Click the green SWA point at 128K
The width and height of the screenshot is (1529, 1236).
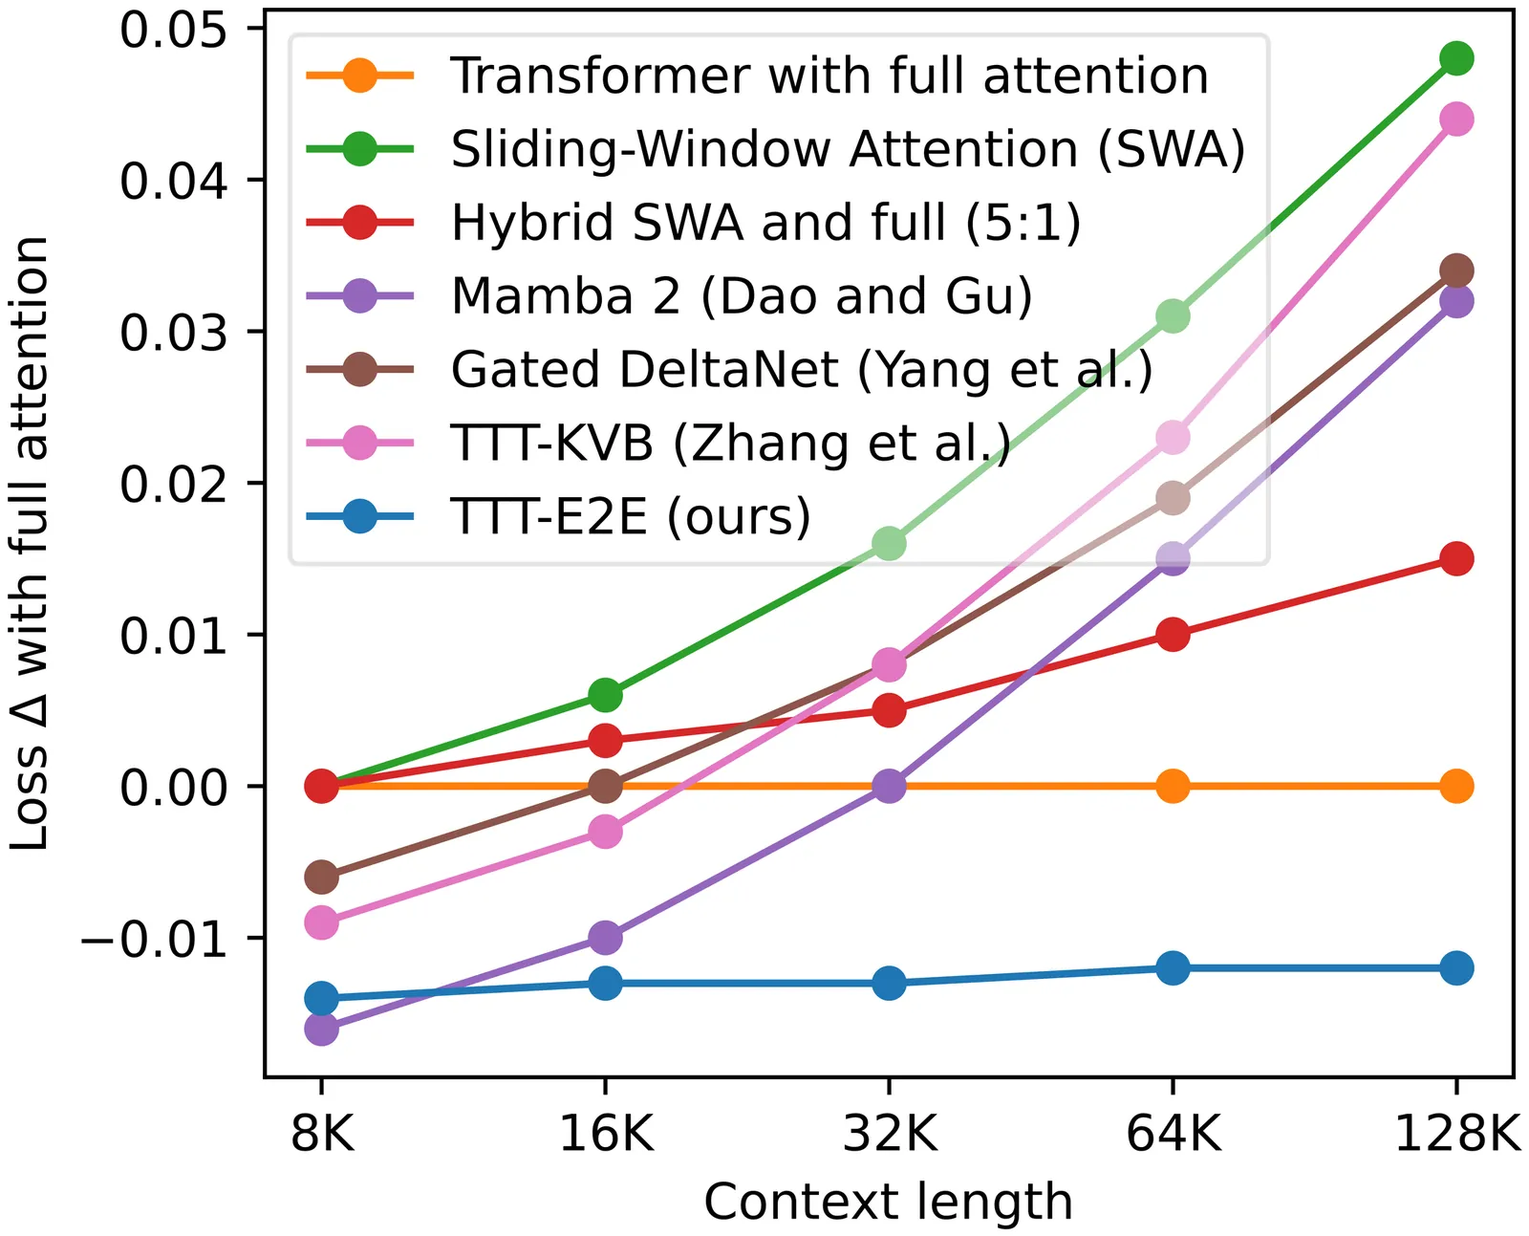[1455, 58]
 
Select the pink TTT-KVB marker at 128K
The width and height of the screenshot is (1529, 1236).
[1455, 119]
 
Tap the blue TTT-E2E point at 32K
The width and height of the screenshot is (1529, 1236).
[889, 983]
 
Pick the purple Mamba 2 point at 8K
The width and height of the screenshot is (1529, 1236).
[321, 1029]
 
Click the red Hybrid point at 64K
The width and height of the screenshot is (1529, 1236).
[1173, 635]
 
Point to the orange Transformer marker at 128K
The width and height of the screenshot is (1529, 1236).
[1455, 787]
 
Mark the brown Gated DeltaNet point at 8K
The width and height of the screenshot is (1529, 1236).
[321, 877]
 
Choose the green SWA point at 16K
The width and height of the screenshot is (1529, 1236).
[605, 695]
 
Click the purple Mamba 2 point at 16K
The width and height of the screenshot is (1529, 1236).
[605, 938]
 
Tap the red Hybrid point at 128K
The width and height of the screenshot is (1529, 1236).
[1455, 558]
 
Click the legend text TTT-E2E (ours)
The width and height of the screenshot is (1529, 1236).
[631, 517]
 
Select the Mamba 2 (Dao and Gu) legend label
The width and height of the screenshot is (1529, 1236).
[742, 296]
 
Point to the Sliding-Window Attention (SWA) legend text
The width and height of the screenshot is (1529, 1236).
[848, 149]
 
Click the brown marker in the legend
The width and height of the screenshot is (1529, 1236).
[359, 370]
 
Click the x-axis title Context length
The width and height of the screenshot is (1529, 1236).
[888, 1202]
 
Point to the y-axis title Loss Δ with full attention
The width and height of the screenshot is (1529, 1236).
[31, 543]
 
